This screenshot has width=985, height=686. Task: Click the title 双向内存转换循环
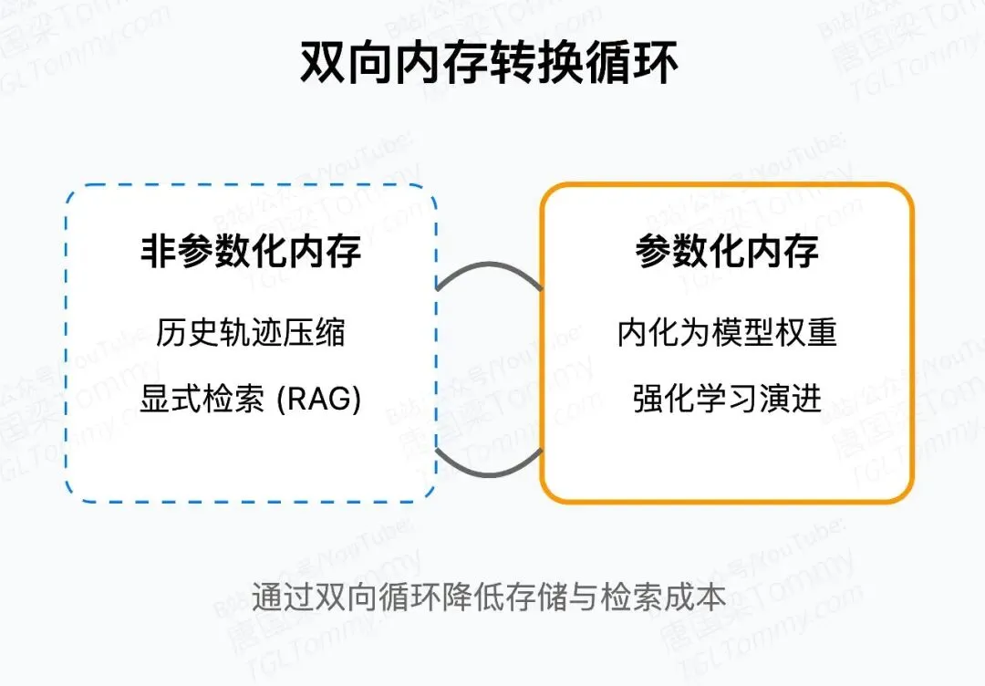pyautogui.click(x=490, y=65)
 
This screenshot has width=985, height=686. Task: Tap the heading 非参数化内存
pyautogui.click(x=251, y=252)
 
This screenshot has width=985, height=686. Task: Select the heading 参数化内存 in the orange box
pyautogui.click(x=727, y=252)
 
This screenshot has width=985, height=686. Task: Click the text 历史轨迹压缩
pyautogui.click(x=251, y=333)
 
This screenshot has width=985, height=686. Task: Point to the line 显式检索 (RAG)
pyautogui.click(x=251, y=399)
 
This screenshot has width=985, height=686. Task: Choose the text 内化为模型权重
pyautogui.click(x=727, y=333)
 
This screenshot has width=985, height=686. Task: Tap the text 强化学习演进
pyautogui.click(x=727, y=399)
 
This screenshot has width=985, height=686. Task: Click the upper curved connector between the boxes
pyautogui.click(x=490, y=266)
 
